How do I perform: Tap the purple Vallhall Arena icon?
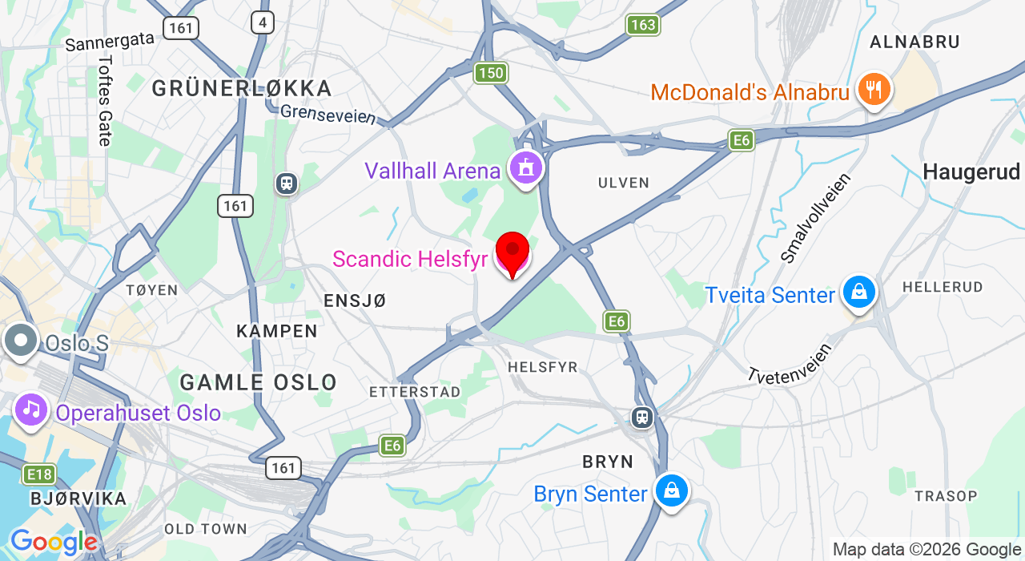click(x=525, y=168)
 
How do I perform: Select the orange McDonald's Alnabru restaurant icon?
click(x=874, y=89)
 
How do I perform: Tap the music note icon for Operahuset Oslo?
click(x=31, y=410)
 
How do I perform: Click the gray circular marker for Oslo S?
click(x=21, y=341)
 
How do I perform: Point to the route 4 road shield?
click(x=263, y=22)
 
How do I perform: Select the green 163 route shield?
click(x=643, y=25)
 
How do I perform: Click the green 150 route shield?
click(x=490, y=73)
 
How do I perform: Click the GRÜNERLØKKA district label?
click(x=242, y=88)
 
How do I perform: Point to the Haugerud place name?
click(x=971, y=172)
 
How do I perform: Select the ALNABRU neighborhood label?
click(x=914, y=42)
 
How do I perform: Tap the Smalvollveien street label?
click(x=814, y=217)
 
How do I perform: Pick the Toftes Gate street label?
click(x=105, y=100)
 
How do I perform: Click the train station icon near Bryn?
click(x=641, y=417)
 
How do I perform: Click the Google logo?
click(x=54, y=543)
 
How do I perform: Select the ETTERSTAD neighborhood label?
click(x=415, y=392)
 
